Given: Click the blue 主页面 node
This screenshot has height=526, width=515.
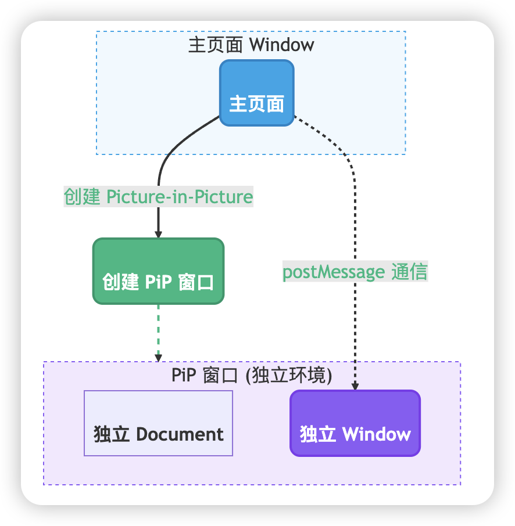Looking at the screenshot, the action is click(257, 93).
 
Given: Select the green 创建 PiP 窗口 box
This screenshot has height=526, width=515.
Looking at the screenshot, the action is click(158, 271).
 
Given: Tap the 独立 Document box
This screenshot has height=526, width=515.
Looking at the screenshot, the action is click(158, 423).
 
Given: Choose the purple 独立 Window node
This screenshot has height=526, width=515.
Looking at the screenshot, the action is click(355, 423).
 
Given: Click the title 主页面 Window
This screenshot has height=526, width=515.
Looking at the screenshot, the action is click(251, 45).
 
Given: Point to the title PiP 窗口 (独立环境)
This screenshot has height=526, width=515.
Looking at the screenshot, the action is click(252, 374).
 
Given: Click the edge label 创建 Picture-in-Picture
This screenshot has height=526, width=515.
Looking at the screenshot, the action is click(158, 197).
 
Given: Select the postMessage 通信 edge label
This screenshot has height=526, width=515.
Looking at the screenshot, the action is click(355, 271).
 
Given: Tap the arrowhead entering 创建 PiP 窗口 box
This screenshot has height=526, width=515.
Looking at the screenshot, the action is click(158, 234).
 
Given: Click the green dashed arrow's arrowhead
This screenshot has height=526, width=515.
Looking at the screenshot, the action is click(158, 358).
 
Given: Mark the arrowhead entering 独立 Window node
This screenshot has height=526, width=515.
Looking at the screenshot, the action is click(355, 386).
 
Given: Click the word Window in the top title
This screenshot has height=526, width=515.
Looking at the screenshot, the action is click(282, 45).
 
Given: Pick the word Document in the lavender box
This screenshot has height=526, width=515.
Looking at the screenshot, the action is click(180, 434).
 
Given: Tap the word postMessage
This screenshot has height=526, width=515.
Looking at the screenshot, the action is click(334, 272).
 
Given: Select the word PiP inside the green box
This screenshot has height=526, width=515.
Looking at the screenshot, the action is click(158, 282).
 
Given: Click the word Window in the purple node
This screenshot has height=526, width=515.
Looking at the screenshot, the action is click(377, 434).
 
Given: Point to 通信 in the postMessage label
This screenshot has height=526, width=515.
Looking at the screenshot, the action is click(410, 271).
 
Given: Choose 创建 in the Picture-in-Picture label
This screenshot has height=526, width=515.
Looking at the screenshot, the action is click(82, 197).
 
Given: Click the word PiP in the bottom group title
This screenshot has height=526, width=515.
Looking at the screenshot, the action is click(184, 374).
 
